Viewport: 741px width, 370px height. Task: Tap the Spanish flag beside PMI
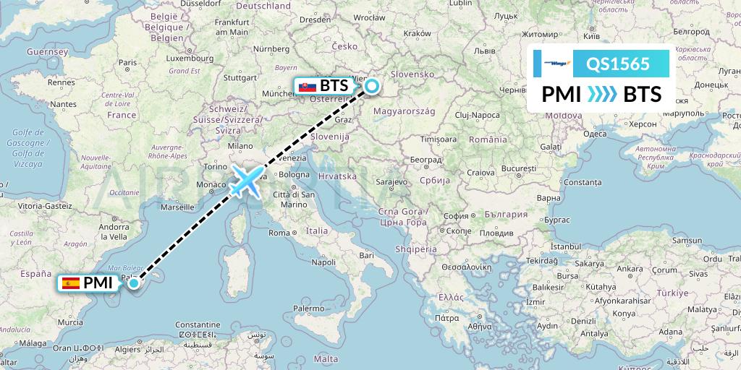click(71, 283)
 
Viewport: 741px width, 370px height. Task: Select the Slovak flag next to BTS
click(308, 87)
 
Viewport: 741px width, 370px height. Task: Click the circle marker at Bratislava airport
click(371, 87)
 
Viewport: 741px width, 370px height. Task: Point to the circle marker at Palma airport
click(135, 283)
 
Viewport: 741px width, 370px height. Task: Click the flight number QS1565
click(617, 64)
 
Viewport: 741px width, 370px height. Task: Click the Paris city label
click(129, 62)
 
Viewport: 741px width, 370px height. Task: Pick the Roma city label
click(279, 233)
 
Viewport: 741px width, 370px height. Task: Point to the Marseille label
click(178, 207)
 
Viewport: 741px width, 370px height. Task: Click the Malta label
click(327, 358)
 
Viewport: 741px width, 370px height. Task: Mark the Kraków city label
click(418, 33)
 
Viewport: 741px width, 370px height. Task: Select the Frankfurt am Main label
click(232, 27)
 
